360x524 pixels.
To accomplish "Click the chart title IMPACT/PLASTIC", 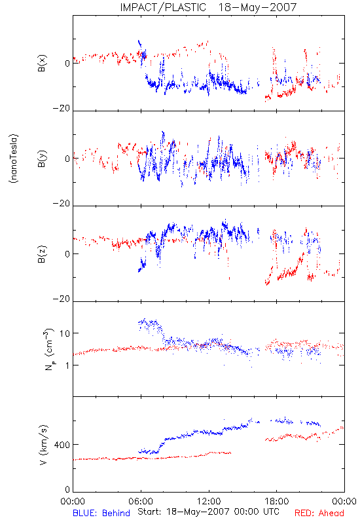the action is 163,7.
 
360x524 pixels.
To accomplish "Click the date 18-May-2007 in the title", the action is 257,7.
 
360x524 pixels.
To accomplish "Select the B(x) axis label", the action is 42,63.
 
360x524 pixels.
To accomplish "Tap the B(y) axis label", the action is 42,159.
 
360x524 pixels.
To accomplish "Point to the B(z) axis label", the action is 42,254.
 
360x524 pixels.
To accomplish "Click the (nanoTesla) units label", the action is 14,159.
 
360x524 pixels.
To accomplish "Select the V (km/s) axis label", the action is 44,445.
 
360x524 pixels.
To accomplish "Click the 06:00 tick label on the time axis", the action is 141,501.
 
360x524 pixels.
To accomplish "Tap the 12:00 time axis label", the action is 209,501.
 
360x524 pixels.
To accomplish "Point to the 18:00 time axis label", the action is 277,501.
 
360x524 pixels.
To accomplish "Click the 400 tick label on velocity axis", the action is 62,445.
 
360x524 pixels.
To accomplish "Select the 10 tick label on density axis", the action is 65,333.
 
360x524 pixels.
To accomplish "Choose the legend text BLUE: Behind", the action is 101,513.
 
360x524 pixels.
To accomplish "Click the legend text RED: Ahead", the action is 319,513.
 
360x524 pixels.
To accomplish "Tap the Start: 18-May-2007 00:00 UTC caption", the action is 208,512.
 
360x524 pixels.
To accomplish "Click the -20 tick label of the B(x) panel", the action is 62,108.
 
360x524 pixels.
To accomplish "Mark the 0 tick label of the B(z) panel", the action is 67,254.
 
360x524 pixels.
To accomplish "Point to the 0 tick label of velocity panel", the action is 67,490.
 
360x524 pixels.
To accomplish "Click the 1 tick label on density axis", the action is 67,365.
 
